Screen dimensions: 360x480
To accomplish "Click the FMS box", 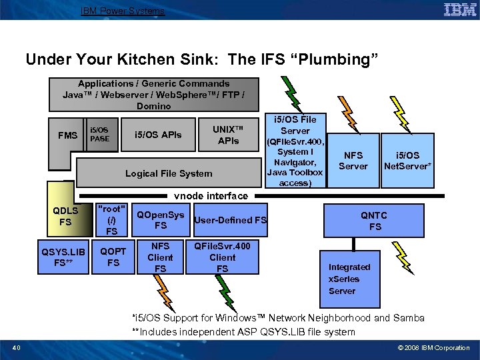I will click(67, 136).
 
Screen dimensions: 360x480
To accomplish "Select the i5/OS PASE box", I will click(99, 135).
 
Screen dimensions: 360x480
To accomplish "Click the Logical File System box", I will click(169, 173).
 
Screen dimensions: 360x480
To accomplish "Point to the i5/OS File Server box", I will click(295, 151).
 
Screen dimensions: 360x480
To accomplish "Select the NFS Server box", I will click(353, 161).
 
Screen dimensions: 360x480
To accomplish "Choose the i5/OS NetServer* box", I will click(407, 161).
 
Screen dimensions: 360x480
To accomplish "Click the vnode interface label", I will click(210, 196).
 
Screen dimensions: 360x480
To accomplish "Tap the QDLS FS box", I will click(65, 216).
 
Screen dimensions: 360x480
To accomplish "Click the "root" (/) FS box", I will click(111, 219).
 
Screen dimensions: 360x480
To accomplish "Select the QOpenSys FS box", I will click(160, 220).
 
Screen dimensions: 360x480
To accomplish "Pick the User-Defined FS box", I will click(230, 220).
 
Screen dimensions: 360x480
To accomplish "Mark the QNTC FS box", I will click(375, 221).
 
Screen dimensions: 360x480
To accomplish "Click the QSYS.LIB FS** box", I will click(64, 257).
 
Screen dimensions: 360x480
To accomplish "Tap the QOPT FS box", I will click(113, 257).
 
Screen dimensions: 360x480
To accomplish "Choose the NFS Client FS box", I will click(160, 257).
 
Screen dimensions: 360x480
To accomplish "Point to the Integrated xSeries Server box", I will click(349, 279).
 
